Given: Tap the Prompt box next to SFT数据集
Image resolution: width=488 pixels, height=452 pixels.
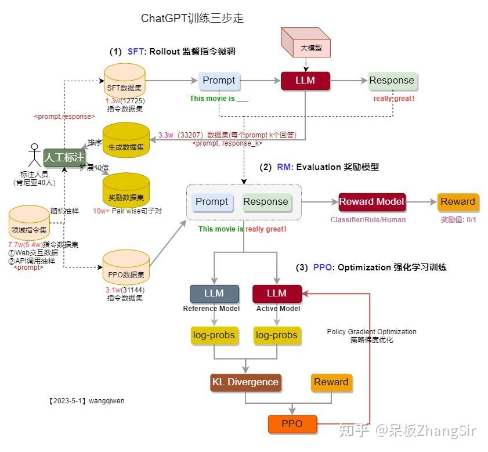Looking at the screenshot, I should (219, 81).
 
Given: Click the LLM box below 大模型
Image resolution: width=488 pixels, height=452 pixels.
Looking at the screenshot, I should (305, 81).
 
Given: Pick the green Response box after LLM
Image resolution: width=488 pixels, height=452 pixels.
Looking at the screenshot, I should (392, 81).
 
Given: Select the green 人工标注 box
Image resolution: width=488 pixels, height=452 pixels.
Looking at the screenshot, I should (64, 157).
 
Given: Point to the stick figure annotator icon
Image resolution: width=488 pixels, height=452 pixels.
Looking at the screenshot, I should (34, 156).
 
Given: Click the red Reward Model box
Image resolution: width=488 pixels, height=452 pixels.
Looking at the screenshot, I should (372, 201).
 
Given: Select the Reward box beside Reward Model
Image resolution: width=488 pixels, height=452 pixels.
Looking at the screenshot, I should (458, 201).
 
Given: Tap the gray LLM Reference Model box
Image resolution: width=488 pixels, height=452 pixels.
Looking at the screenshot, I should (214, 294).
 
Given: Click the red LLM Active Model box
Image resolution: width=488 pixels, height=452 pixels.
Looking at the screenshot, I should (277, 294).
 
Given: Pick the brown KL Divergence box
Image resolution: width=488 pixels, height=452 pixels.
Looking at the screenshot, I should (245, 382).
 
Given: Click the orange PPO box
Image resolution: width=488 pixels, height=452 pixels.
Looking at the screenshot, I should (292, 424).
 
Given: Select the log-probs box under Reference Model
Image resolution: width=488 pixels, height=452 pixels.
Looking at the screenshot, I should (214, 335).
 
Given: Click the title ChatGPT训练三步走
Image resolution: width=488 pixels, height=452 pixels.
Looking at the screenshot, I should (192, 19).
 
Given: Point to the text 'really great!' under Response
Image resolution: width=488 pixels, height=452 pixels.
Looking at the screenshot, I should (393, 99).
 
